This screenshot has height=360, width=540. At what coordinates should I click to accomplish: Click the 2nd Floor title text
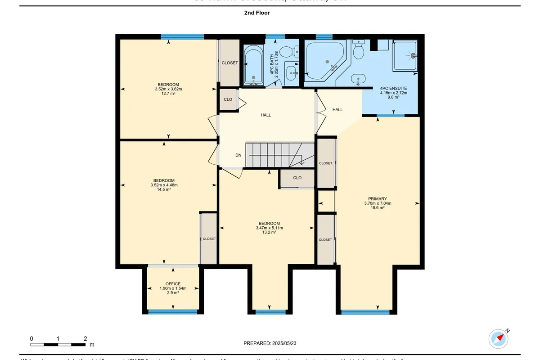coord(257,13)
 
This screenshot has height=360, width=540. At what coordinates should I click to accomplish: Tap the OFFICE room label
coord(173,284)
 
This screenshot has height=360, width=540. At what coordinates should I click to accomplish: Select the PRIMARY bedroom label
coord(377,198)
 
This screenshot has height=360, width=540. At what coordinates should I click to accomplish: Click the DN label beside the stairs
coord(238,155)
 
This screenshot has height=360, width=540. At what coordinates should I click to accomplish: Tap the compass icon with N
coord(498,337)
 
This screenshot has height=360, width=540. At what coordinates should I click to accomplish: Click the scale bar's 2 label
coord(85,338)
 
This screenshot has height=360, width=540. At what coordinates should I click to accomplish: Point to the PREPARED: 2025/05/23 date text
coord(270,343)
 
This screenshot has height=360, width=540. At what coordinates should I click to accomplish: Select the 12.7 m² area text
coord(168,94)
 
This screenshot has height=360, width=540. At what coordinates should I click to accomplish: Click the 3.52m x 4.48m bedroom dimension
coord(164,185)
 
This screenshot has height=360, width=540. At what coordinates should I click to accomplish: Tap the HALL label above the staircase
coord(266,115)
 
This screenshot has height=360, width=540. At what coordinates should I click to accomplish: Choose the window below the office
coord(173,311)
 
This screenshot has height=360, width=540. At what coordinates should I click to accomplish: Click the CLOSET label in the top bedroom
coord(229,63)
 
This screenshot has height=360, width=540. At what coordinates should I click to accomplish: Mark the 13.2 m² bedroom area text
coord(269,233)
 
